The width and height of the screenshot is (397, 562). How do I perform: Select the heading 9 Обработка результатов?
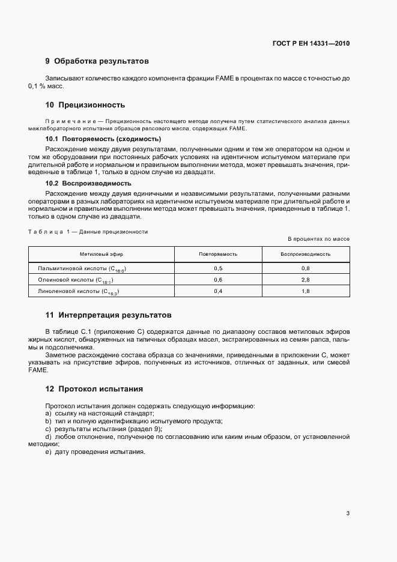pos(96,61)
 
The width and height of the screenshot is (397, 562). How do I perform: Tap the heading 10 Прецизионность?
pos(85,104)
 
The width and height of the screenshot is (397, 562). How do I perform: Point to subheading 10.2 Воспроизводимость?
pos(89,183)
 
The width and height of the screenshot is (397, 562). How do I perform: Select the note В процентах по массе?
pos(318,239)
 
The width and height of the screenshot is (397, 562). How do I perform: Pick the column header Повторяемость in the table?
pos(218,254)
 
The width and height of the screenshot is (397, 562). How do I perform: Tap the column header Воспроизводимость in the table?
pos(305,254)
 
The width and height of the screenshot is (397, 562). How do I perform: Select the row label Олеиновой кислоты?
pos(76,280)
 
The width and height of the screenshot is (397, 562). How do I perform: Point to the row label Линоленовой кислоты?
pos(79,291)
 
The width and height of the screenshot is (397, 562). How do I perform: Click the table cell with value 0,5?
pos(218,268)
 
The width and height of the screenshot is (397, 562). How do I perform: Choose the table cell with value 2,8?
pos(305,280)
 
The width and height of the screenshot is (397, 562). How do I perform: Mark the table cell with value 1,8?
pos(305,291)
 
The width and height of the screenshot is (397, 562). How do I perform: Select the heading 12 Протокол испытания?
pos(94,388)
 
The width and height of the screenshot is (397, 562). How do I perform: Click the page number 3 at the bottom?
pos(348,513)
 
